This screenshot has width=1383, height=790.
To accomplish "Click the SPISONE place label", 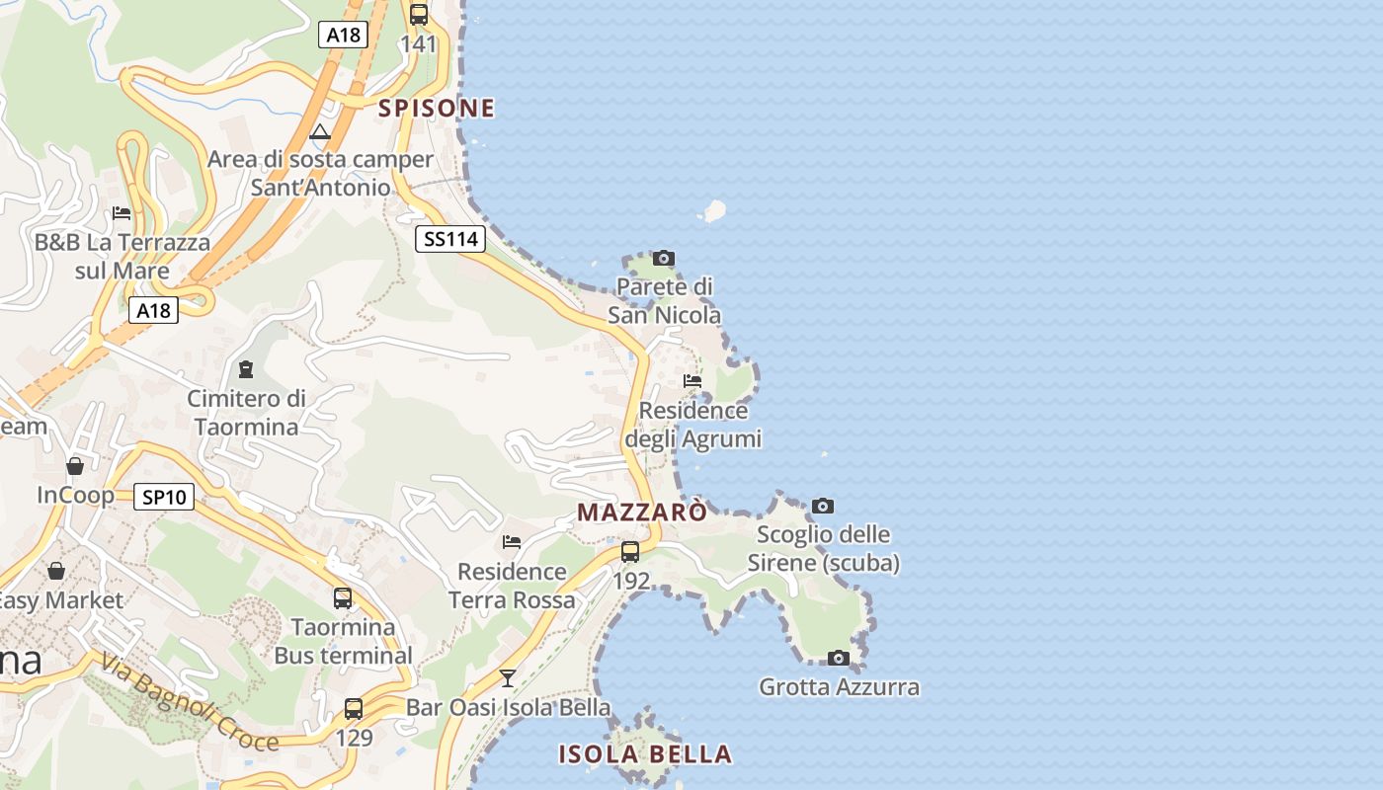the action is pyautogui.click(x=437, y=109).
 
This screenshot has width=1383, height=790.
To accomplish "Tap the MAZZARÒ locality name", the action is pyautogui.click(x=642, y=513).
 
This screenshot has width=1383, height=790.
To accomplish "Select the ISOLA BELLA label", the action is pyautogui.click(x=645, y=754).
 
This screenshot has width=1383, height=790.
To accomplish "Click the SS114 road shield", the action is pyautogui.click(x=450, y=239).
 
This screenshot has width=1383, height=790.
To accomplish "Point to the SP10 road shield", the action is pyautogui.click(x=164, y=498).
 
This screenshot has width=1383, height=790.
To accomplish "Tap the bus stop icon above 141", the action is pyautogui.click(x=419, y=15).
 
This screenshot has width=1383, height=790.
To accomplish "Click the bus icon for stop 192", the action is pyautogui.click(x=630, y=552).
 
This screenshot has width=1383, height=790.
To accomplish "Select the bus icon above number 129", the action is pyautogui.click(x=354, y=708).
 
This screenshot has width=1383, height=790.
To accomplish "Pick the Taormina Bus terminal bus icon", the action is pyautogui.click(x=343, y=598).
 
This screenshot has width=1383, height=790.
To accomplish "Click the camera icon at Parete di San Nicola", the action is pyautogui.click(x=664, y=259).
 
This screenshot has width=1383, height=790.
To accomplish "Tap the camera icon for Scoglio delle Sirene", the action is pyautogui.click(x=823, y=507).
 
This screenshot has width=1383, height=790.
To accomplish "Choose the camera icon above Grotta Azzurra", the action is pyautogui.click(x=839, y=658).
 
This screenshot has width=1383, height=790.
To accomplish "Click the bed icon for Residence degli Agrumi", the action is pyautogui.click(x=692, y=381).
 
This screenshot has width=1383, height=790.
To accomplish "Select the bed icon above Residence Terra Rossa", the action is pyautogui.click(x=512, y=542).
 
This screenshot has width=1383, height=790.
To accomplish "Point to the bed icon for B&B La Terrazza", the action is pyautogui.click(x=122, y=213).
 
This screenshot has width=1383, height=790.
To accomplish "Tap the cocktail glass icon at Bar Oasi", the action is pyautogui.click(x=508, y=678).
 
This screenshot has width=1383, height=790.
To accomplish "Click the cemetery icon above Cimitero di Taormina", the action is pyautogui.click(x=246, y=369).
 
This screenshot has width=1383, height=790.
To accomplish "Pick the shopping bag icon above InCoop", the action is pyautogui.click(x=75, y=466).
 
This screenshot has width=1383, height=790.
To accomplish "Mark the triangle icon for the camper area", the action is pyautogui.click(x=320, y=131).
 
